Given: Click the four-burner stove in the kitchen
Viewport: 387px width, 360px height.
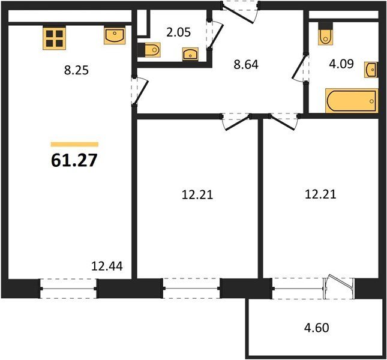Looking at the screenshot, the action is tap(54, 38).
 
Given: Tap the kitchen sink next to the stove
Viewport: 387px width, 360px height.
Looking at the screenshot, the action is tap(115, 36).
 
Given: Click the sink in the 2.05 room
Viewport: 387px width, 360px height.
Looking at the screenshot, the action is tap(190, 54).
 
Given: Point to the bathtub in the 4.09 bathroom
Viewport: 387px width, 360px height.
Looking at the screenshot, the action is tap(352, 101).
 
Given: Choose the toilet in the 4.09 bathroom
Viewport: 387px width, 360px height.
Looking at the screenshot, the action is tap(326, 34).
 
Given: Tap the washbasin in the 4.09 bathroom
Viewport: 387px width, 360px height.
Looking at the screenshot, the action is tap(371, 70).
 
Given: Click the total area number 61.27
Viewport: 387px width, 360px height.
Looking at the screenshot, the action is tap(74, 160).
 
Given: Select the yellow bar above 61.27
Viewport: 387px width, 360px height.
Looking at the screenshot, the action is tap(74, 145).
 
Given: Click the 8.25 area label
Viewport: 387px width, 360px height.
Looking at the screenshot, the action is tap(76, 71).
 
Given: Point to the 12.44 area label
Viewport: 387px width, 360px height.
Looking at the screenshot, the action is tap(107, 266).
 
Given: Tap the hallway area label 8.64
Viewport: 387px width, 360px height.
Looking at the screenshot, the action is tap(246, 65).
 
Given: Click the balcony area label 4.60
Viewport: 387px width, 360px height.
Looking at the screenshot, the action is tap(317, 328).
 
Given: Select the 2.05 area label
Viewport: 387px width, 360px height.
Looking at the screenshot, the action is tap(179, 32).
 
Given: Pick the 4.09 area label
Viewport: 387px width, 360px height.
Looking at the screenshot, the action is tap(341, 64).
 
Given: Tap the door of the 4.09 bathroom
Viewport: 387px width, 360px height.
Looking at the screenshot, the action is tap(300, 67).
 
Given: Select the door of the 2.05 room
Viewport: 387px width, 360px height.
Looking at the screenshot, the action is tap(214, 34).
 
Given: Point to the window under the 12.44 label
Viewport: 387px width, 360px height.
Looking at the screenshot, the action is tap(68, 289).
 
